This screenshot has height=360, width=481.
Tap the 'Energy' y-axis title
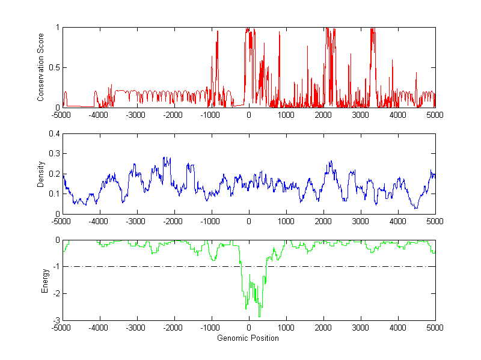pos(45,280)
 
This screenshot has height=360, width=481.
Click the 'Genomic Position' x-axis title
pos(248,338)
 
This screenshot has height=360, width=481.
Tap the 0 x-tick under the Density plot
pos(249,221)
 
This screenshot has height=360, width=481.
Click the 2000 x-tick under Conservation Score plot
pos(323,115)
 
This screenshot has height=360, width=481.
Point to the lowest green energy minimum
pos(259,316)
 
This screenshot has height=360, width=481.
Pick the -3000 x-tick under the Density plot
pos(136,221)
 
